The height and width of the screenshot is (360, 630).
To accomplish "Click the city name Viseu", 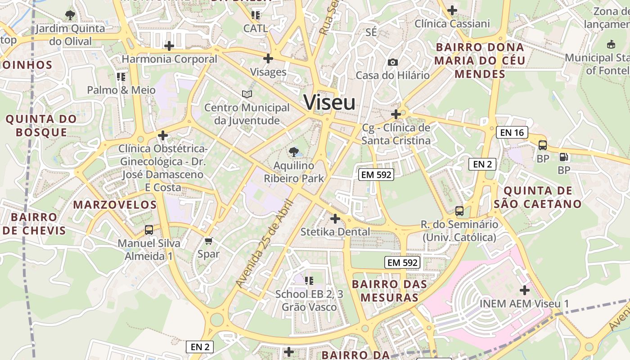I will pos(329,103).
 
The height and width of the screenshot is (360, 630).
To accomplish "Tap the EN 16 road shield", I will pos(512,132).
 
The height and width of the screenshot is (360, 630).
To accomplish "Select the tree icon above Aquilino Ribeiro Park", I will pos(294,152).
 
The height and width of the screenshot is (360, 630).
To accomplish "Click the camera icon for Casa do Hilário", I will pos(393,62).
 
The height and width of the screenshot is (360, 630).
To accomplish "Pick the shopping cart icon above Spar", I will pos(208,241).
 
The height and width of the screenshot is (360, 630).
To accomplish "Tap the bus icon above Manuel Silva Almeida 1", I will pos(149,230).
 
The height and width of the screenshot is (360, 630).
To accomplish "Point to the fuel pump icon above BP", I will pos(563,157).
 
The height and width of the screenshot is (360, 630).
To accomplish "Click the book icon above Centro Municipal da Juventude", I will pos(247,94).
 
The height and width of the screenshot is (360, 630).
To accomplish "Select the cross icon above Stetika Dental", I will pos(335,219).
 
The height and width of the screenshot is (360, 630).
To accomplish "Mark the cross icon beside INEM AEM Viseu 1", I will pos(524,290).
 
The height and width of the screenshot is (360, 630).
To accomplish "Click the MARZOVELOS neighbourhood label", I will pos(115,205).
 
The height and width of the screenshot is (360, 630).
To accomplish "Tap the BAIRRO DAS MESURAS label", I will pos(389,291).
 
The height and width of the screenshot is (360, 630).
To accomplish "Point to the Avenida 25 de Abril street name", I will pos(265,243).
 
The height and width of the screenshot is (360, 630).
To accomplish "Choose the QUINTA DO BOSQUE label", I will pos(41,126).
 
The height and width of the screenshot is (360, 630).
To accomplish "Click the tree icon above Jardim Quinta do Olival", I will pos(70,15).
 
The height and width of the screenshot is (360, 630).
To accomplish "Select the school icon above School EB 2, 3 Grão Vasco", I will pos(309,281).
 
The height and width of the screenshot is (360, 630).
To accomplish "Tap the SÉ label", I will pos(371,32).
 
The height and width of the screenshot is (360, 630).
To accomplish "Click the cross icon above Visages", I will pos(268,58).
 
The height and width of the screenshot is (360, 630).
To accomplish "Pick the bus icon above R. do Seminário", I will pos(459,211).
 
